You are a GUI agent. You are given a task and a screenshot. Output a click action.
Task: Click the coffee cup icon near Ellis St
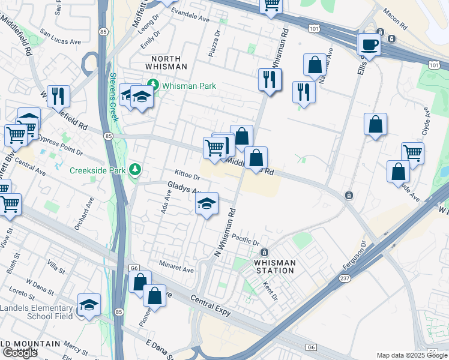369,44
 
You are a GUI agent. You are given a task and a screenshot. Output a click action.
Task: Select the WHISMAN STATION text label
274,266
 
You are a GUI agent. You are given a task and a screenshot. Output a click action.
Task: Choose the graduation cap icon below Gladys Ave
206,205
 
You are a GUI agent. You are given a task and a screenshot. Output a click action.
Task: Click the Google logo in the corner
20,353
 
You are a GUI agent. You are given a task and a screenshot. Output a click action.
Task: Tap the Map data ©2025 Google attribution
412,355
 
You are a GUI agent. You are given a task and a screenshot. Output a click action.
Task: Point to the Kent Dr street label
268,293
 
